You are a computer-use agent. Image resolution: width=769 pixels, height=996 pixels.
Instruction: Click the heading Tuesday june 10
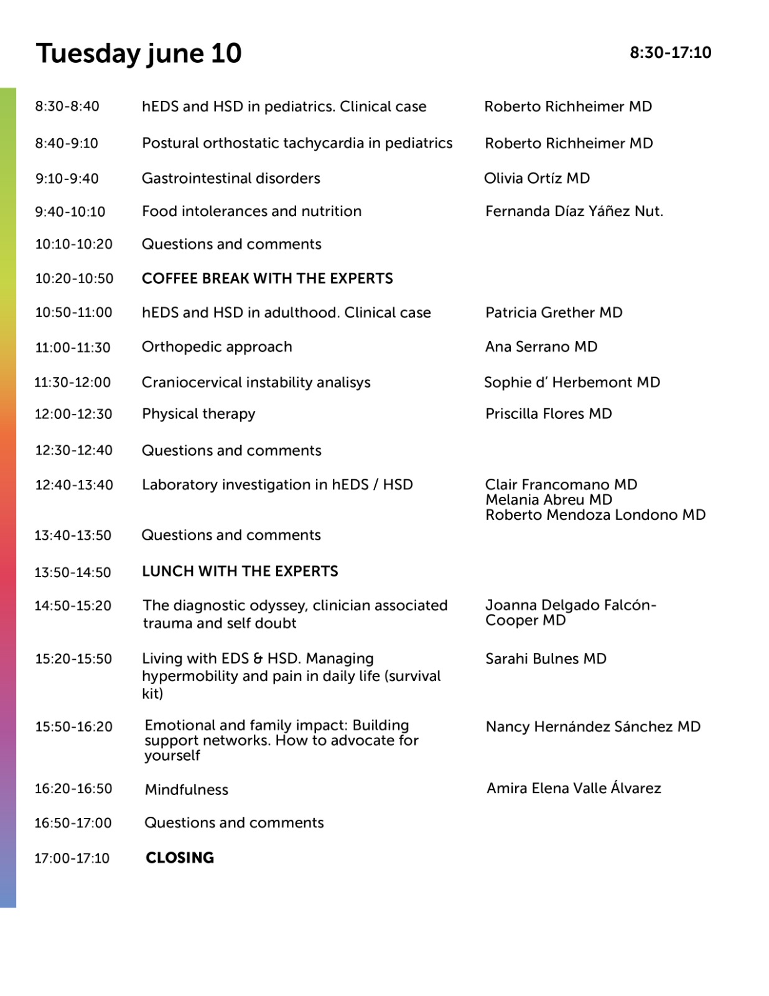(138, 54)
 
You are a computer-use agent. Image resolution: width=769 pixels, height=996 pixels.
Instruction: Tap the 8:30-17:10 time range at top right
(670, 53)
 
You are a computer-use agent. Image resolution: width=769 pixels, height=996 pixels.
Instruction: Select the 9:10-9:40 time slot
(67, 179)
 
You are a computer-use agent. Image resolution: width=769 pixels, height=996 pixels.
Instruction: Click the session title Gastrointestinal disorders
(231, 179)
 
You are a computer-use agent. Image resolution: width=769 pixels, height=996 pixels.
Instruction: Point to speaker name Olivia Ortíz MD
(537, 179)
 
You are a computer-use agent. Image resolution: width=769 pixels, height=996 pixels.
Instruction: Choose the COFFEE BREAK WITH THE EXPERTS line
(268, 278)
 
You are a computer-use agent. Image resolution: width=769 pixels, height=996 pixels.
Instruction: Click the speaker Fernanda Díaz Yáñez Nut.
(574, 212)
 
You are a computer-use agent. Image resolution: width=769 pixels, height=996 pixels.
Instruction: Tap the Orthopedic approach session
(217, 347)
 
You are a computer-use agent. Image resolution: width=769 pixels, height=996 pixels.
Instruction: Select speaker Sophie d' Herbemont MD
(572, 382)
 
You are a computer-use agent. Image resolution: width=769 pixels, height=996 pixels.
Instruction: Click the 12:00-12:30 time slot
(73, 414)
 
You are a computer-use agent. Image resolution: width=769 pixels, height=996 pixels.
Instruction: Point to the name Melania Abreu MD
(549, 500)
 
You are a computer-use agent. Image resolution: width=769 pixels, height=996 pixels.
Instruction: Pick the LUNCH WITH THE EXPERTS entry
(240, 571)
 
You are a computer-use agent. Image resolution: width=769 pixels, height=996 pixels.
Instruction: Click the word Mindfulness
(187, 790)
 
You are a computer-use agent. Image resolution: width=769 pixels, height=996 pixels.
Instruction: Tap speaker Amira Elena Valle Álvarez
(574, 789)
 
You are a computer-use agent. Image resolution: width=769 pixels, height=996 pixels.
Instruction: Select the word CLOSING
(180, 858)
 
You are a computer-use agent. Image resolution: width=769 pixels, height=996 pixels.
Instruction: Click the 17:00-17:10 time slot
(72, 858)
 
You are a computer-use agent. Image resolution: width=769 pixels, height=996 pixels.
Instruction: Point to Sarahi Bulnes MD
(546, 659)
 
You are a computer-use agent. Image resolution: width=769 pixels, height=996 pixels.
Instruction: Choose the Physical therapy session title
(198, 414)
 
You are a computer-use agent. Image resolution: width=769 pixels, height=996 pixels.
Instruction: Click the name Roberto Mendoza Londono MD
(595, 515)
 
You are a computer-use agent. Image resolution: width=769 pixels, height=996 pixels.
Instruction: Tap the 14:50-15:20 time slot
(73, 606)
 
